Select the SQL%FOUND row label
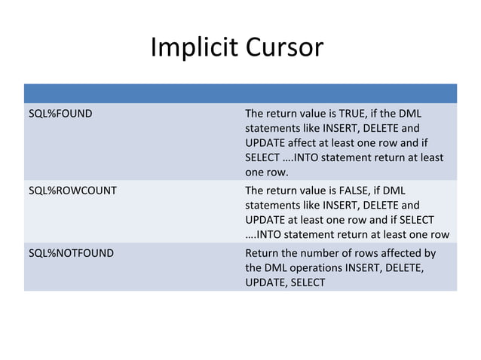pyautogui.click(x=60, y=114)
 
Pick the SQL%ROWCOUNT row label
pyautogui.click(x=72, y=191)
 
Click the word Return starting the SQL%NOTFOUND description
pyautogui.click(x=262, y=253)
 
